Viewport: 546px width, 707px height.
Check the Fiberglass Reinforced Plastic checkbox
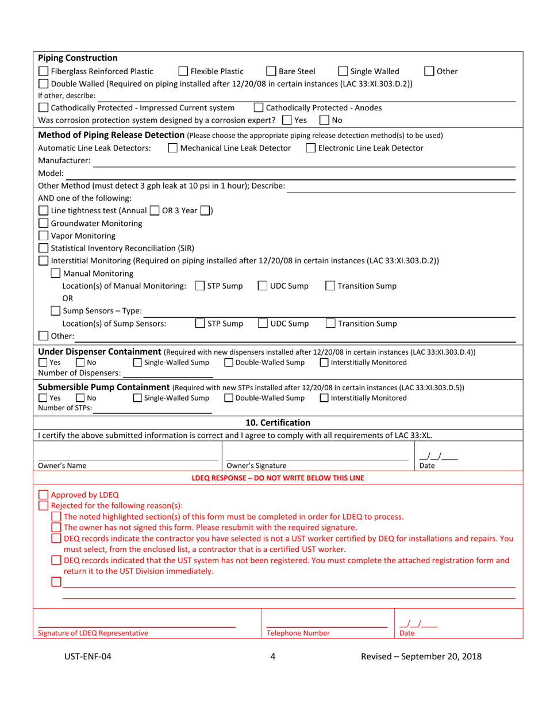(43, 72)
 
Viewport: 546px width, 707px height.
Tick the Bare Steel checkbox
(271, 72)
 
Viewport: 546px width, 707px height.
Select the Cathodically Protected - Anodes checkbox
(259, 107)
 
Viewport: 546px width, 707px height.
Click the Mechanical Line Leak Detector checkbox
(172, 148)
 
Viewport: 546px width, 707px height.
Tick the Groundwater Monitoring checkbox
(43, 223)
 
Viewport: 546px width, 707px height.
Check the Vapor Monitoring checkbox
(43, 236)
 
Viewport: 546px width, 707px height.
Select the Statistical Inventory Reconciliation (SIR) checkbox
(43, 248)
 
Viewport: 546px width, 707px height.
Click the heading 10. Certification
(278, 422)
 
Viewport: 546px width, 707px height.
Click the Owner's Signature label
(256, 466)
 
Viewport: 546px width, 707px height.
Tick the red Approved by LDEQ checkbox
(43, 495)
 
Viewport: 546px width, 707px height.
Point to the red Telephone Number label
(298, 633)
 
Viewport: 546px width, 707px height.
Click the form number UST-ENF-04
(87, 657)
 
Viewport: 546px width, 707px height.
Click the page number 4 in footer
(272, 657)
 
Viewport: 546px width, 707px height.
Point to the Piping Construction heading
(78, 58)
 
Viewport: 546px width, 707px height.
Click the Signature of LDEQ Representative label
(93, 633)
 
